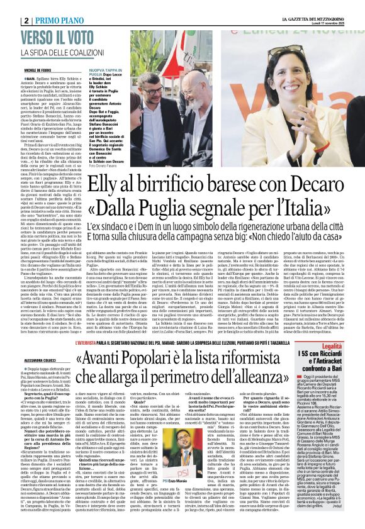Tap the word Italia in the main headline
312,208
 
